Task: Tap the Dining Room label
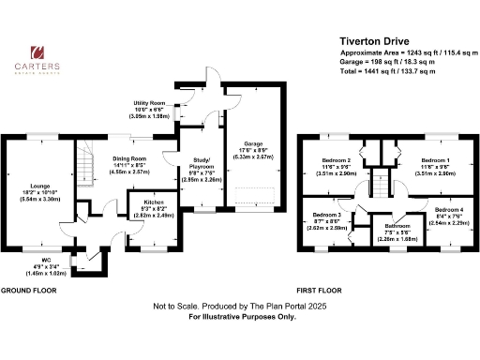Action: pyautogui.click(x=130, y=159)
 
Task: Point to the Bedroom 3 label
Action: pyautogui.click(x=327, y=215)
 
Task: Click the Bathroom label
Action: pyautogui.click(x=395, y=225)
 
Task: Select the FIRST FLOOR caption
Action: pyautogui.click(x=318, y=290)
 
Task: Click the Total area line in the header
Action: pyautogui.click(x=388, y=69)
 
